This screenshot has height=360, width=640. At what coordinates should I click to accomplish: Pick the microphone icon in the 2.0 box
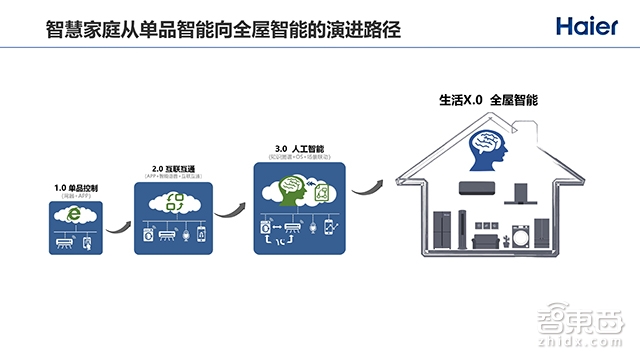[181, 233]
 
